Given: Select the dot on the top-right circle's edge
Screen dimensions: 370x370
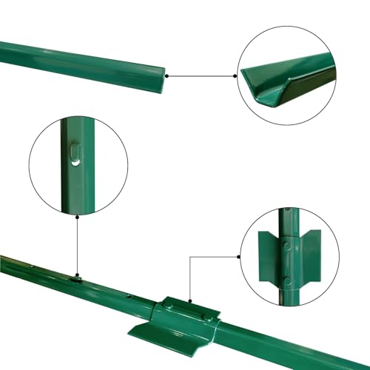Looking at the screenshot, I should [x=238, y=75].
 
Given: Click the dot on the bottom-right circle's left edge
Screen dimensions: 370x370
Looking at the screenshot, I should [x=239, y=257].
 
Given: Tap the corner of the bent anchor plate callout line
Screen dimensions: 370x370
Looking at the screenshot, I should [x=190, y=258].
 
